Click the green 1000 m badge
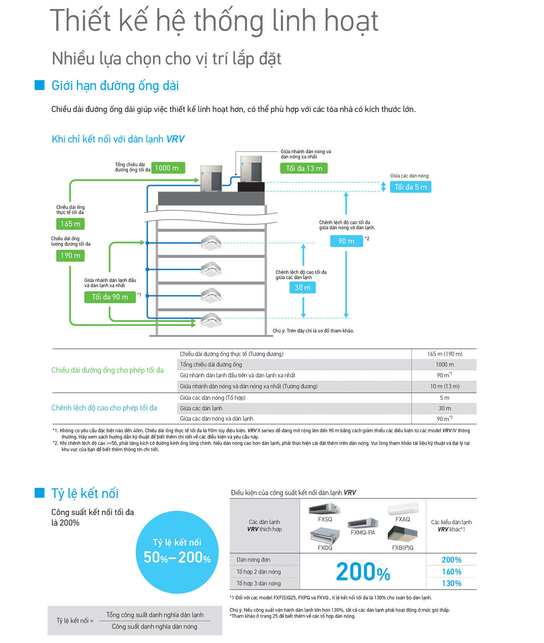(x=168, y=168)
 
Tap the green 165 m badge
(x=70, y=224)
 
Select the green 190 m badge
(x=70, y=255)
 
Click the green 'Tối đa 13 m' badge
(x=304, y=168)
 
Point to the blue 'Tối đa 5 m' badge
(x=411, y=187)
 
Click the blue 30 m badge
(x=302, y=287)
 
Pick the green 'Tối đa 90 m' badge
(x=110, y=297)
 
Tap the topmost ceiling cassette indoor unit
(x=211, y=243)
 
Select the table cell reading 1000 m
(x=444, y=365)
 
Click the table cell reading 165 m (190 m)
(x=444, y=354)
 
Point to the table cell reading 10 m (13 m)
(x=444, y=386)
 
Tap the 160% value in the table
(x=451, y=571)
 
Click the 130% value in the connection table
(x=451, y=583)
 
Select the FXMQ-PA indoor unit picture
(x=363, y=523)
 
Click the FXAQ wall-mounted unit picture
(x=402, y=508)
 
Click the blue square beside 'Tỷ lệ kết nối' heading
(x=40, y=493)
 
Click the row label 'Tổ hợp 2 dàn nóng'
(x=259, y=572)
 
